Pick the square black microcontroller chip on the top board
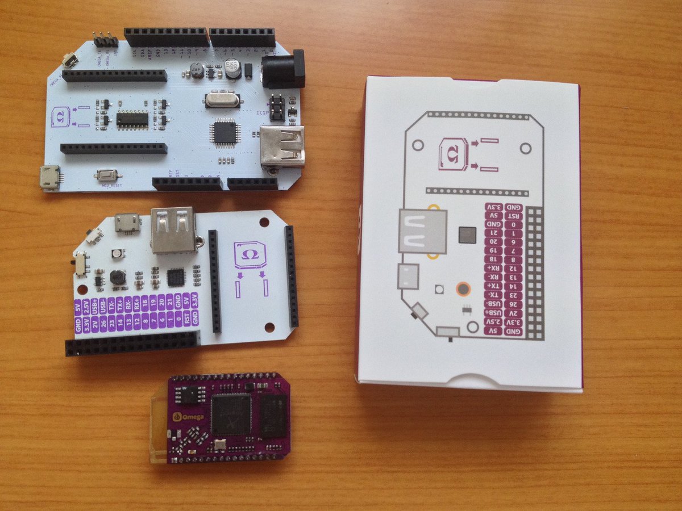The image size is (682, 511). [x=224, y=132]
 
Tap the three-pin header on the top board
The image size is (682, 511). [x=106, y=40]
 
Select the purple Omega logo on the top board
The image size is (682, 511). [x=60, y=115]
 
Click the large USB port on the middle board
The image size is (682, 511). [x=172, y=229]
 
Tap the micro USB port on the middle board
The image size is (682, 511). [x=127, y=223]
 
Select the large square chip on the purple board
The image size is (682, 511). [x=231, y=414]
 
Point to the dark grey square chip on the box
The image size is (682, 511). [x=467, y=234]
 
